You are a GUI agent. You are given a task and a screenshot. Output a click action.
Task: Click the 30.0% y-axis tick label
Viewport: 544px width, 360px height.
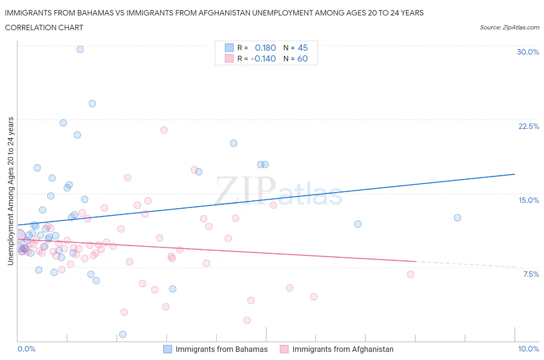pos(528,52)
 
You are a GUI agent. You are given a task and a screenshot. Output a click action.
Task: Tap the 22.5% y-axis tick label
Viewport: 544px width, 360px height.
pos(529,126)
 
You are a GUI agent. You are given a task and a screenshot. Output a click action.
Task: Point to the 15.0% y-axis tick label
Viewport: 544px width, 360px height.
pos(529,200)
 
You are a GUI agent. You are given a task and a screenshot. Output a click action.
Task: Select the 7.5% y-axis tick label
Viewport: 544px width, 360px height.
pos(531,274)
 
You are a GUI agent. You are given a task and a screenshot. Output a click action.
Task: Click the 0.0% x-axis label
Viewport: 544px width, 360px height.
pos(26,349)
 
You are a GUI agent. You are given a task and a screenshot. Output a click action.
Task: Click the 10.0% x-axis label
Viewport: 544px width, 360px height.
pos(528,349)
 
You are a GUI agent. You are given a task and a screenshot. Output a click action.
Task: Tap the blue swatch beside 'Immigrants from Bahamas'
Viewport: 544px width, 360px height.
pos(168,349)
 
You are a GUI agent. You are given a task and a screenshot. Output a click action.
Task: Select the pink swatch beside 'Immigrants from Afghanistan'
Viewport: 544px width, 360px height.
pos(284,349)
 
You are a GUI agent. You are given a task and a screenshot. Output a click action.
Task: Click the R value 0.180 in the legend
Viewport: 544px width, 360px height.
pos(265,48)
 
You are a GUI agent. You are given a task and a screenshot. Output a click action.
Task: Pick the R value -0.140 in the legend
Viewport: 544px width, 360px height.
pos(263,58)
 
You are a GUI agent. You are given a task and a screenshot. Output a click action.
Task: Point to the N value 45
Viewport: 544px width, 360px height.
pos(303,48)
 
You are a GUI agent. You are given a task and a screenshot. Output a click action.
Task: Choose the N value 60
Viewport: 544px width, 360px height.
pos(303,58)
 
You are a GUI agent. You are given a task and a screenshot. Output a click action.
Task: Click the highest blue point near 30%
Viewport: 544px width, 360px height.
pos(80,49)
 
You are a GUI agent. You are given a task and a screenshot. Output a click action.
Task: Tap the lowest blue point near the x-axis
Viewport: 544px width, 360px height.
pos(123,334)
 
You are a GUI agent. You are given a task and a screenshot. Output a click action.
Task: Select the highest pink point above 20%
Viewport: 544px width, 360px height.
pos(164,130)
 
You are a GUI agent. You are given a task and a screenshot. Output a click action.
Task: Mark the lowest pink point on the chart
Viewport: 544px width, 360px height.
pos(247,320)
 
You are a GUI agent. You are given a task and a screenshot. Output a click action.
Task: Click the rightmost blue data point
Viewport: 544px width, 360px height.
pos(457,218)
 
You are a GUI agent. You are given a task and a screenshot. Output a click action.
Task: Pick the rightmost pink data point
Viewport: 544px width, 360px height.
pos(411,274)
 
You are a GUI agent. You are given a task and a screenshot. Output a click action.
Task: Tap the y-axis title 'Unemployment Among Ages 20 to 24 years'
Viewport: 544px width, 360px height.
pos(10,191)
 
